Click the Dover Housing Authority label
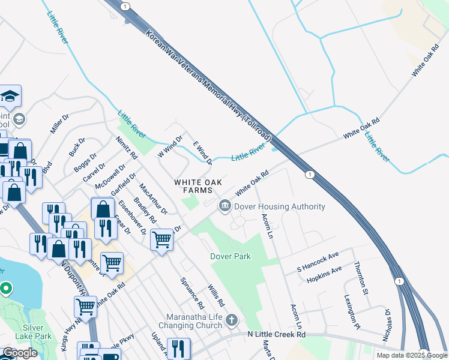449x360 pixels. (280, 206)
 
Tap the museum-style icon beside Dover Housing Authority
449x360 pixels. (225, 206)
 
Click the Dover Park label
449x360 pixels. (230, 256)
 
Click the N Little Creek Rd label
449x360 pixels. (277, 334)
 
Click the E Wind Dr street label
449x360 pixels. (202, 153)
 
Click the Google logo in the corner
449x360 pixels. (20, 353)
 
